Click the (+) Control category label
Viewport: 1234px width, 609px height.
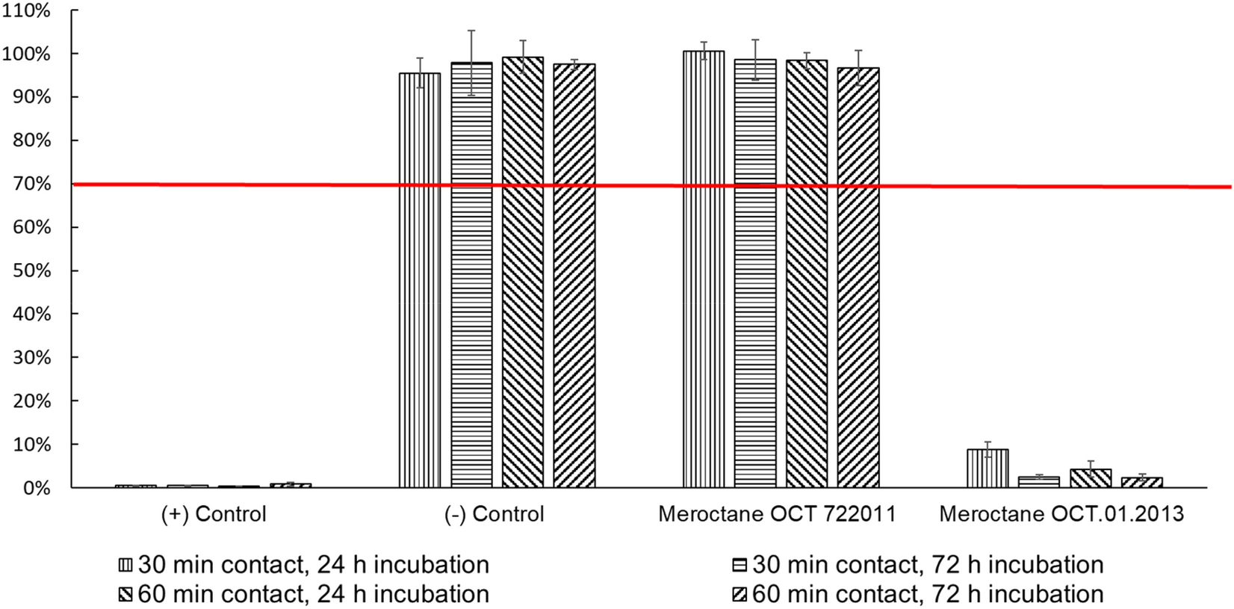coord(214,514)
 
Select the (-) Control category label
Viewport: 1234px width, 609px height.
coord(494,514)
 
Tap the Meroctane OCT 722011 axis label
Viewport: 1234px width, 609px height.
coord(777,514)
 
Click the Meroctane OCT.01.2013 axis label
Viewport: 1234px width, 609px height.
coord(1061,514)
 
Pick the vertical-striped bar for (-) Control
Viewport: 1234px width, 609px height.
coord(420,280)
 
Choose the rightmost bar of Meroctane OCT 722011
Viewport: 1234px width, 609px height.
coord(858,278)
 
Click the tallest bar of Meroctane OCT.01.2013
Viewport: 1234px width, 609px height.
coord(987,469)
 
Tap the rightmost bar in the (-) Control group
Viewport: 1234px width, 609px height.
coord(574,276)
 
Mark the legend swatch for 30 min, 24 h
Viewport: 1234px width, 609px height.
coord(125,565)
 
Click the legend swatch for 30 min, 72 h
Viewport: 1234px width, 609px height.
coord(740,565)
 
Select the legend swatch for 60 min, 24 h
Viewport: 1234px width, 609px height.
coord(125,595)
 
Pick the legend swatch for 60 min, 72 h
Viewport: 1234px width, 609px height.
coord(740,595)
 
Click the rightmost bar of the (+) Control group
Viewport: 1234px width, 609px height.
coord(291,485)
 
